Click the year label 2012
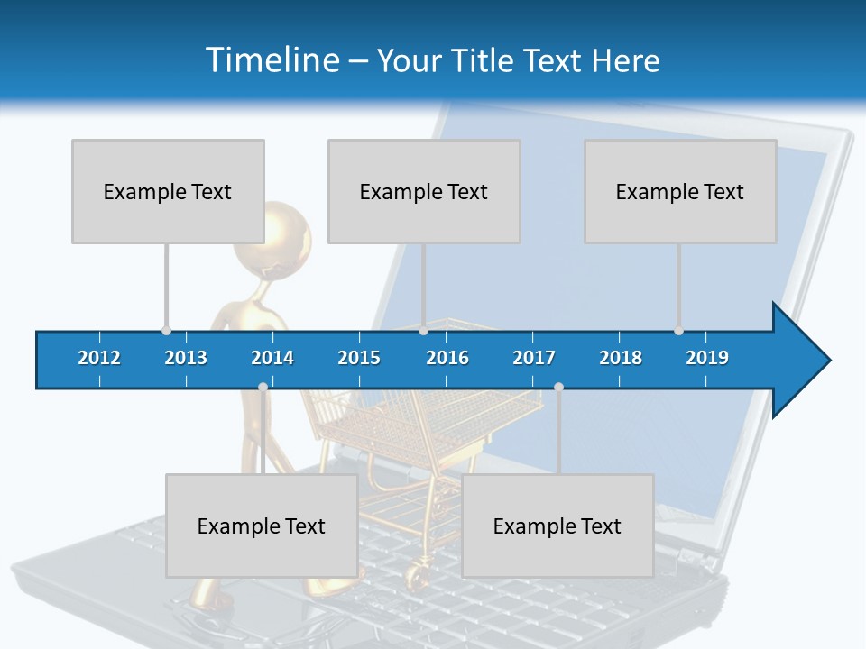(x=99, y=358)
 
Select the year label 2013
(x=186, y=358)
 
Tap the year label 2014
(x=272, y=358)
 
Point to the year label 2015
(x=359, y=358)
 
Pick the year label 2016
(x=447, y=358)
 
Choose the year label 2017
(x=534, y=358)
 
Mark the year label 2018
(x=621, y=358)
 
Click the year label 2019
(x=707, y=358)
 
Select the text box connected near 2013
(x=168, y=191)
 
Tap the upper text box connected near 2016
(x=424, y=191)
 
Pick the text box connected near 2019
(x=680, y=191)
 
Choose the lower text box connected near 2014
(x=262, y=526)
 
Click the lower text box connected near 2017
(x=557, y=526)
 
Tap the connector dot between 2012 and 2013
(x=166, y=331)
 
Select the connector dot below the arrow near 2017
(x=558, y=388)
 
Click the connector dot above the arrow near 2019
(x=678, y=331)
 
